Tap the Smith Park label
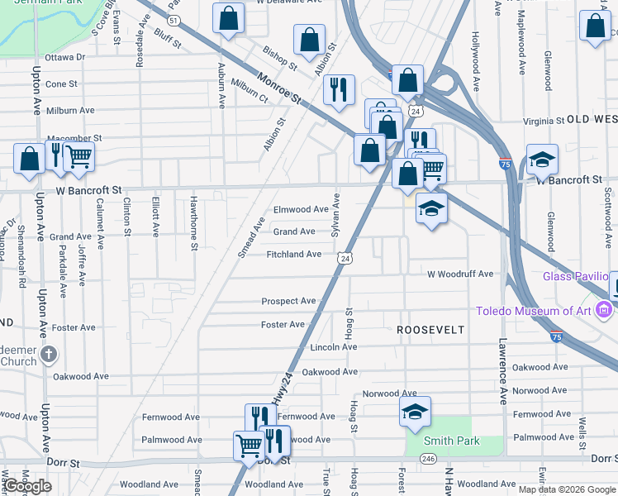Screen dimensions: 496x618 coord(452,441)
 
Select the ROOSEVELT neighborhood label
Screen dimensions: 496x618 coord(430,329)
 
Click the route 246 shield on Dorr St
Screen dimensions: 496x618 coord(427,458)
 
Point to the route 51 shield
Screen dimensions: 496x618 coord(172,18)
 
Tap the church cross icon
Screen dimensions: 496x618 coord(49,355)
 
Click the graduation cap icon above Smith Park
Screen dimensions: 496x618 coord(415,413)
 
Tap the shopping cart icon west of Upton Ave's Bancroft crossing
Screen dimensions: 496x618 coord(78,156)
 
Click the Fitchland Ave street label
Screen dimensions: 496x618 coord(293,254)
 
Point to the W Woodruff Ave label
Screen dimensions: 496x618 coord(459,274)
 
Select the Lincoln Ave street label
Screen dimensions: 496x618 coord(333,347)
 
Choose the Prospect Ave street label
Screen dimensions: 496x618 coord(288,301)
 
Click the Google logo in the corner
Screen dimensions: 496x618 coord(27,486)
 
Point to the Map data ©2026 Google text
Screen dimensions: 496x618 coord(566,489)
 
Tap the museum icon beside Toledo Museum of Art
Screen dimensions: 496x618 coord(604,311)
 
